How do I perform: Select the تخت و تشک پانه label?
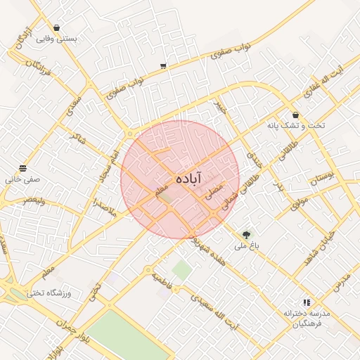click(296, 125)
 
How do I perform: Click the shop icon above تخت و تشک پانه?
click(295, 115)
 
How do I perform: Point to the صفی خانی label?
click(23, 180)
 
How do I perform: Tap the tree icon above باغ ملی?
click(246, 235)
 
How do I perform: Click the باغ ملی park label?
click(247, 246)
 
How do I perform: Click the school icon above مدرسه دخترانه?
click(306, 302)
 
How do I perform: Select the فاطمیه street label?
click(164, 278)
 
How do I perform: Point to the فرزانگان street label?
click(42, 67)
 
